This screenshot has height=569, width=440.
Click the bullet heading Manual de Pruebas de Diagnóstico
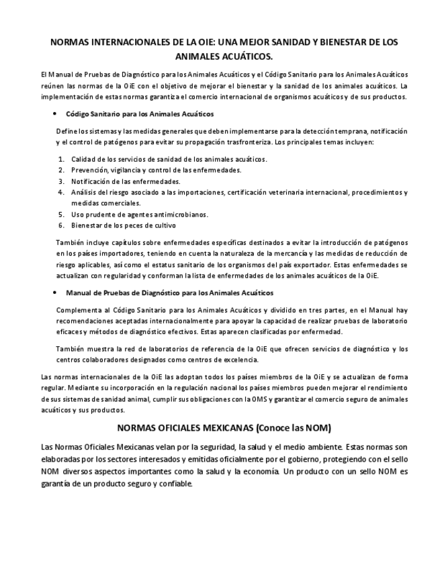(169, 293)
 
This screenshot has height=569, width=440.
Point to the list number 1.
(60, 159)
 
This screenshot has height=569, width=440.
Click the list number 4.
(60, 192)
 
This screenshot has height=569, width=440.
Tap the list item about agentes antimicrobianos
(140, 214)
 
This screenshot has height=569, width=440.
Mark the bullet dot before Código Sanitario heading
(54, 114)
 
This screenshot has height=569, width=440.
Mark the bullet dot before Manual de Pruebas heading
(54, 293)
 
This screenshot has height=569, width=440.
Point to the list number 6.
(60, 225)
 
